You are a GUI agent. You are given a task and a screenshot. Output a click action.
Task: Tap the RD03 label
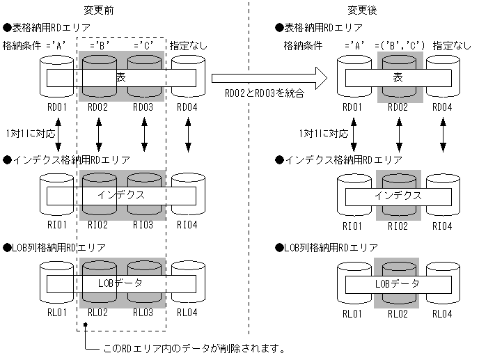(x=142, y=107)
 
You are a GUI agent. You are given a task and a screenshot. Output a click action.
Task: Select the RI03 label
(x=142, y=225)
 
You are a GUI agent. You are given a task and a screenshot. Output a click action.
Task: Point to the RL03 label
(x=142, y=313)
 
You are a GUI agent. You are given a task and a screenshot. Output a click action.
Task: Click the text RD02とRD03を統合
(x=264, y=93)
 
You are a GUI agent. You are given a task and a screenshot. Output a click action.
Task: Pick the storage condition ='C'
(x=143, y=45)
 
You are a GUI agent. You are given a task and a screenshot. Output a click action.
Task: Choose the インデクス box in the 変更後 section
(x=398, y=195)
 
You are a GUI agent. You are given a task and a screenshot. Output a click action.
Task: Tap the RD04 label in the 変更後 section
(x=442, y=107)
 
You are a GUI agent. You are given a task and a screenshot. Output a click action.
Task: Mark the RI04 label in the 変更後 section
(x=442, y=225)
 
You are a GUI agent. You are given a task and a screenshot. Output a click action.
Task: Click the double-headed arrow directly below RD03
(x=144, y=133)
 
